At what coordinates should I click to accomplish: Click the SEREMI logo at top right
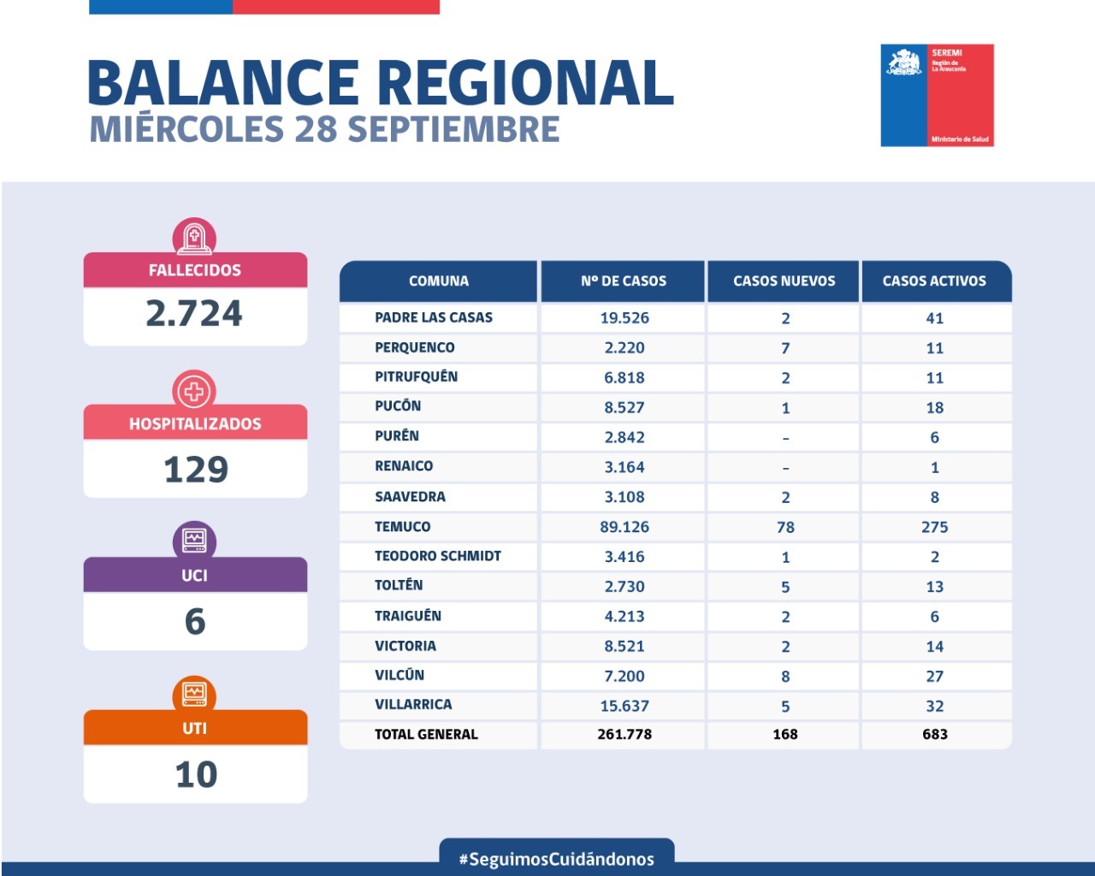pyautogui.click(x=937, y=95)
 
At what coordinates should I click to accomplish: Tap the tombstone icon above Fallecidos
pyautogui.click(x=194, y=237)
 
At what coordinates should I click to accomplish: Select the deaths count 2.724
pyautogui.click(x=194, y=314)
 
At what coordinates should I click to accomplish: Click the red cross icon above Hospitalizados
pyautogui.click(x=194, y=391)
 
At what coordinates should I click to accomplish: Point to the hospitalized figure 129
pyautogui.click(x=195, y=469)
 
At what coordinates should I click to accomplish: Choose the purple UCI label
pyautogui.click(x=194, y=575)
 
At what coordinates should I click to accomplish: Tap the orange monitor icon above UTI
pyautogui.click(x=194, y=693)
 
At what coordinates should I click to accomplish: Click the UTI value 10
pyautogui.click(x=195, y=774)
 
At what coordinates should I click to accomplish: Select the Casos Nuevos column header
pyautogui.click(x=784, y=281)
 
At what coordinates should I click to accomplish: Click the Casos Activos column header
pyautogui.click(x=934, y=281)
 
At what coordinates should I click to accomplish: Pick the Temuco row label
pyautogui.click(x=402, y=527)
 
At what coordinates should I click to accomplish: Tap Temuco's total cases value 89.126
pyautogui.click(x=624, y=527)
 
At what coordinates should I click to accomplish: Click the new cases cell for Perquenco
pyautogui.click(x=785, y=348)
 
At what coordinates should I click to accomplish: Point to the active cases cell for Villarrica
pyautogui.click(x=934, y=706)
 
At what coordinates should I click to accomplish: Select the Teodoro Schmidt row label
pyautogui.click(x=437, y=556)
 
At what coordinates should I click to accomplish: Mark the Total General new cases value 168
pyautogui.click(x=784, y=734)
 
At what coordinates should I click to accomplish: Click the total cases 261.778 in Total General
pyautogui.click(x=624, y=734)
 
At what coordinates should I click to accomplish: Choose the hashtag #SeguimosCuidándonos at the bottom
pyautogui.click(x=557, y=859)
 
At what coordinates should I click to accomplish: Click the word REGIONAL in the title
pyautogui.click(x=525, y=83)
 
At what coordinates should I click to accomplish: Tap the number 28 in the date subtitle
pyautogui.click(x=316, y=129)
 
